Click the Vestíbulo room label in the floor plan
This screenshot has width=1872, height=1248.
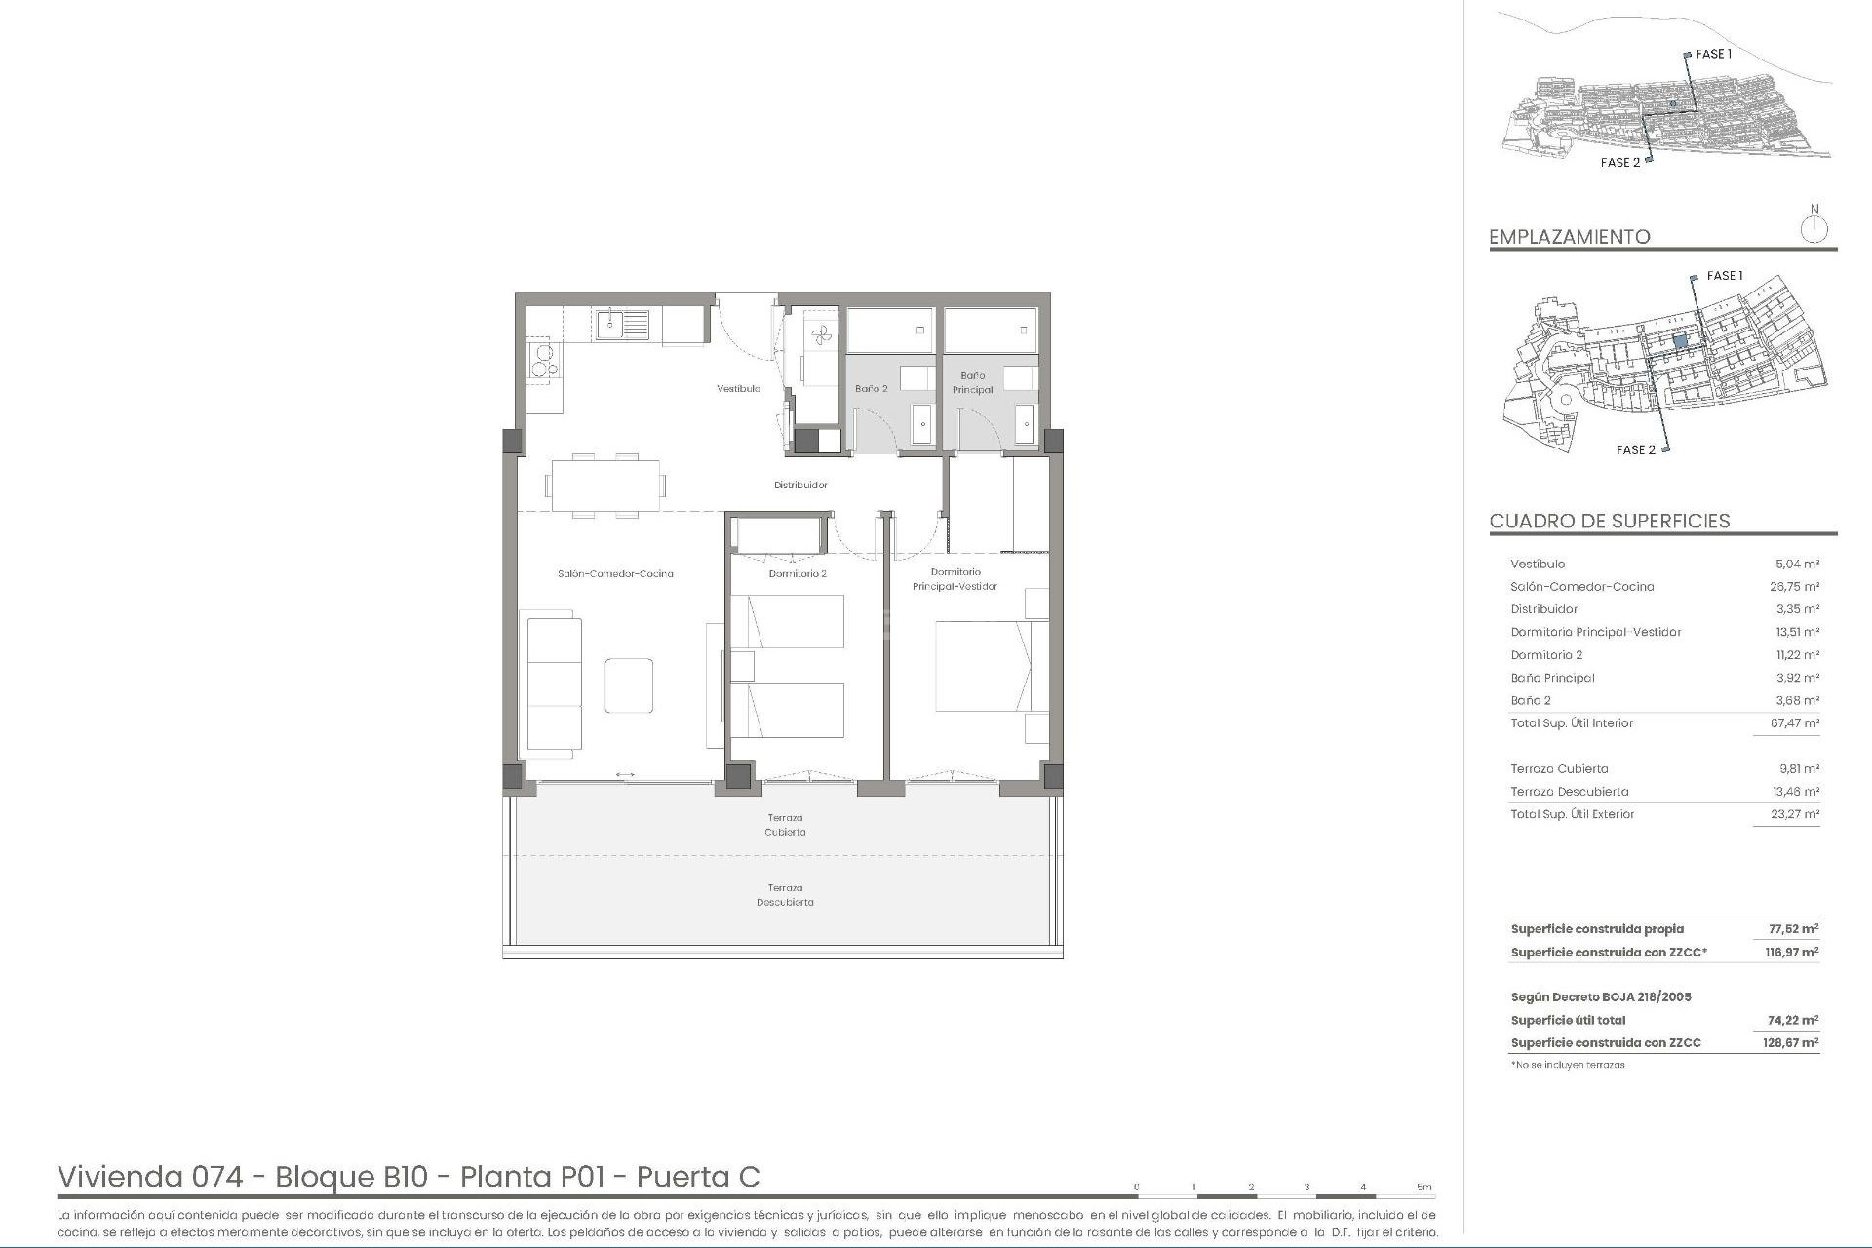pyautogui.click(x=738, y=389)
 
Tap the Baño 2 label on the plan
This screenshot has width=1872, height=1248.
pyautogui.click(x=871, y=389)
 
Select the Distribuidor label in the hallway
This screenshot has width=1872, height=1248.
pyautogui.click(x=800, y=486)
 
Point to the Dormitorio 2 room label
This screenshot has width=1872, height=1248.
pyautogui.click(x=797, y=574)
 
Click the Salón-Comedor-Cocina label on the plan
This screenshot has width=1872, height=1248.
pyautogui.click(x=615, y=574)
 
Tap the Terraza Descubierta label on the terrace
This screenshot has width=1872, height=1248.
pyautogui.click(x=785, y=895)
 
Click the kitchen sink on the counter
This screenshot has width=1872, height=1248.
pyautogui.click(x=622, y=324)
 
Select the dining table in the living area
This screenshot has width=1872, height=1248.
pyautogui.click(x=604, y=485)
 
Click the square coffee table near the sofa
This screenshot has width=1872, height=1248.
pyautogui.click(x=629, y=685)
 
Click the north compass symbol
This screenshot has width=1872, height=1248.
pyautogui.click(x=1813, y=230)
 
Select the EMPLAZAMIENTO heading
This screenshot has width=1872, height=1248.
pyautogui.click(x=1569, y=237)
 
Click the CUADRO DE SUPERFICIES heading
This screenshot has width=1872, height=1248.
pyautogui.click(x=1609, y=522)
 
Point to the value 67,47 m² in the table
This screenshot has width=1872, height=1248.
pyautogui.click(x=1794, y=723)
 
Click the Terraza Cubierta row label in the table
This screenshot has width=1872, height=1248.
pyautogui.click(x=1559, y=769)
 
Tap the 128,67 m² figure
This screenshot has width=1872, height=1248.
pyautogui.click(x=1791, y=1043)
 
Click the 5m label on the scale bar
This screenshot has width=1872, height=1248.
pyautogui.click(x=1424, y=1188)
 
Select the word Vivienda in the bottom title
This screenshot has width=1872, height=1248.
pyautogui.click(x=121, y=1178)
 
